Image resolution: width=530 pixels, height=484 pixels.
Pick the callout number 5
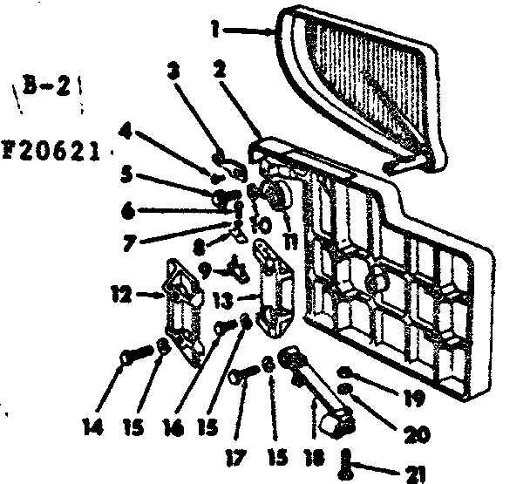pos(127,174)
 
